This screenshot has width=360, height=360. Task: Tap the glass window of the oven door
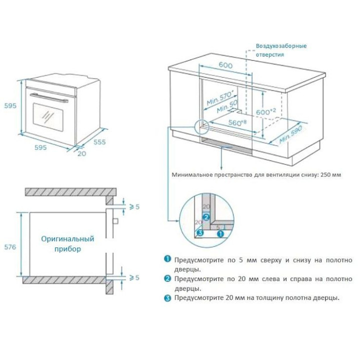click(x=48, y=117)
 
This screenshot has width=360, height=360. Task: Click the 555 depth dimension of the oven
click(x=99, y=142)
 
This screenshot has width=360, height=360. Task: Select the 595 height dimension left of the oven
click(x=10, y=105)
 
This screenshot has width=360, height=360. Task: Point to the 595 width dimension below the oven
click(x=40, y=147)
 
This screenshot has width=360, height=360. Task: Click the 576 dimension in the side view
click(x=10, y=247)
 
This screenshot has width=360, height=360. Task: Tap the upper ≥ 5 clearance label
click(x=134, y=207)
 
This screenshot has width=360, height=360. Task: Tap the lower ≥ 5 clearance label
click(x=134, y=277)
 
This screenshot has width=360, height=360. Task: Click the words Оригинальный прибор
click(x=67, y=244)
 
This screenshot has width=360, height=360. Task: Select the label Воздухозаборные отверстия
click(x=281, y=50)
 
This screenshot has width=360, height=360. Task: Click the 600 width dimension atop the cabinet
click(x=225, y=65)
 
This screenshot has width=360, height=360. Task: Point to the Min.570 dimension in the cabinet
click(x=220, y=98)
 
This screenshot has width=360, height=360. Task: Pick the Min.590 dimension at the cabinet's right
click(x=291, y=134)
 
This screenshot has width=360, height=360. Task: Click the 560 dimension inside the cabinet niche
click(x=237, y=122)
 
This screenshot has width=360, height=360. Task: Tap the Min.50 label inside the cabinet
click(x=227, y=107)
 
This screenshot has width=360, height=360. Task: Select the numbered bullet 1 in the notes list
click(x=167, y=259)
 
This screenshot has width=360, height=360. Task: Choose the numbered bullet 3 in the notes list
click(x=167, y=298)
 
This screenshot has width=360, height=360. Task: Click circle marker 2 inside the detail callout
click(x=206, y=217)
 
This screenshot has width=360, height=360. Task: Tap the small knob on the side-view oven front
click(x=115, y=221)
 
